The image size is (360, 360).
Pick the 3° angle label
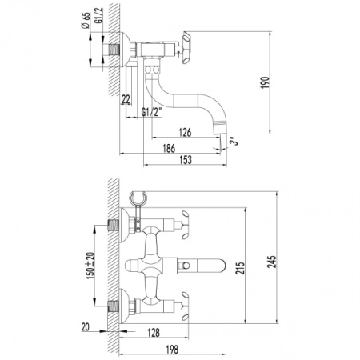pyautogui.click(x=233, y=141)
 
